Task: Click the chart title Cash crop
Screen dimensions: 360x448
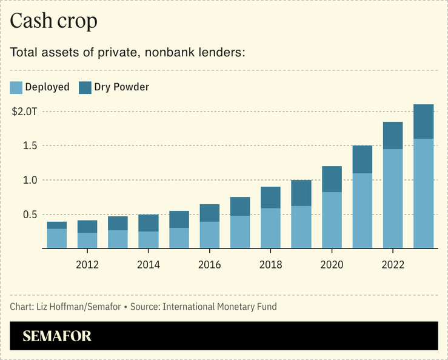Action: coord(54,21)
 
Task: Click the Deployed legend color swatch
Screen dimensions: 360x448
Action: coord(16,87)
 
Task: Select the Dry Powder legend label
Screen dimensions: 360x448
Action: coord(121,87)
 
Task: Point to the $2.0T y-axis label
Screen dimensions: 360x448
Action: coord(25,112)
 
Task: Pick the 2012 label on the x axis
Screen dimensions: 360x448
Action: coord(87,264)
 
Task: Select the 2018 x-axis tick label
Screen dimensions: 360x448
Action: coord(270,264)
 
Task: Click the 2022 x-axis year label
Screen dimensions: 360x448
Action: coord(392,264)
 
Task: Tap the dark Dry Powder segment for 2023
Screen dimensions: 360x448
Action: coord(423,121)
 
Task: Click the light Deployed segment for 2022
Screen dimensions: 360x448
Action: coord(392,198)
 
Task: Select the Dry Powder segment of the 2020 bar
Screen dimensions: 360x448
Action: coord(332,179)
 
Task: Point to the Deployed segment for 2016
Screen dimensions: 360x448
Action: coord(209,235)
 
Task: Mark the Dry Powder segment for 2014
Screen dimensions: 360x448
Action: coord(149,222)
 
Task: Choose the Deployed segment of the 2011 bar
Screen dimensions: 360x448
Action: coord(57,238)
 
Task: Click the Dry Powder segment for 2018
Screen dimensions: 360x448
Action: coord(270,197)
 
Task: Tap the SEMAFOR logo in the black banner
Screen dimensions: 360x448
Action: coord(57,336)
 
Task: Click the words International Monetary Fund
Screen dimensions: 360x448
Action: coord(219,307)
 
